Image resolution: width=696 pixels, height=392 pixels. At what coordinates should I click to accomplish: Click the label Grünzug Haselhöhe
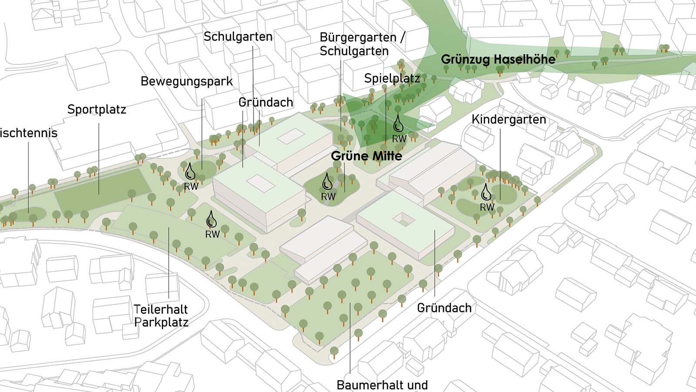(x=498, y=60)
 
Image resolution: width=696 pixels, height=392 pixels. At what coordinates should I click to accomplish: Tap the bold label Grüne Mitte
(x=366, y=156)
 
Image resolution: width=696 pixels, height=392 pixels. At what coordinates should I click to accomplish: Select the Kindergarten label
(x=509, y=119)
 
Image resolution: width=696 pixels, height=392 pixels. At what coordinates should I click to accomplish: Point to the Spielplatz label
(x=392, y=78)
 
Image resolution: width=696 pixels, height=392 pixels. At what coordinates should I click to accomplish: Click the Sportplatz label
(x=97, y=109)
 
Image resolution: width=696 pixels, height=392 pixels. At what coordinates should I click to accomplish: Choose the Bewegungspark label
(x=187, y=81)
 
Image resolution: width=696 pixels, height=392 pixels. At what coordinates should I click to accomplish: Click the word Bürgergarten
(x=358, y=38)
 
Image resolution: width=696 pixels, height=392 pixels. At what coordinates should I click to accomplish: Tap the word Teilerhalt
(x=161, y=310)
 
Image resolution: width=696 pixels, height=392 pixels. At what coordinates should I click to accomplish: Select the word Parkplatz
(x=161, y=323)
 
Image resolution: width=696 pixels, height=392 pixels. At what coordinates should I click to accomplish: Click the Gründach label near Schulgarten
(x=265, y=102)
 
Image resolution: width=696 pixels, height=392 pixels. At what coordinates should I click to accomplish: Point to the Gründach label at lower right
(x=444, y=308)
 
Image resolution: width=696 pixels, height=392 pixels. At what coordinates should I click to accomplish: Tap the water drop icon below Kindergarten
(x=486, y=192)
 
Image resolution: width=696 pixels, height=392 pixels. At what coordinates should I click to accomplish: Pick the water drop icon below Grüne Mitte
(x=327, y=182)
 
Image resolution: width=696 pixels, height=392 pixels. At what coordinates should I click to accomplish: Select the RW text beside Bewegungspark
(x=191, y=186)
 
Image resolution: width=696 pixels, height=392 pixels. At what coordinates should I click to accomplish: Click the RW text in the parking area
(x=212, y=234)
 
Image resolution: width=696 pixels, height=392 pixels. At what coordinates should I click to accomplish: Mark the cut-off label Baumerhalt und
(x=382, y=385)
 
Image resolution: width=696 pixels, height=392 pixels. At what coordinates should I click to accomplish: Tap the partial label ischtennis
(x=28, y=133)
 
